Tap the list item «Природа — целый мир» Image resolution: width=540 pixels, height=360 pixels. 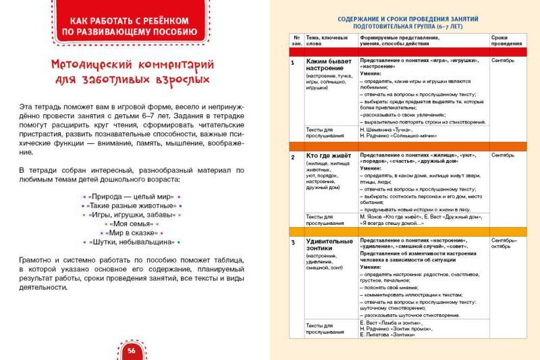coord(132,196)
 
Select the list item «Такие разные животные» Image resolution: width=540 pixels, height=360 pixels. coord(132,205)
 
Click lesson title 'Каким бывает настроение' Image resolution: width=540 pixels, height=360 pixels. coord(323,65)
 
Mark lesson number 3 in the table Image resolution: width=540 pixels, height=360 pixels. coord(293,241)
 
